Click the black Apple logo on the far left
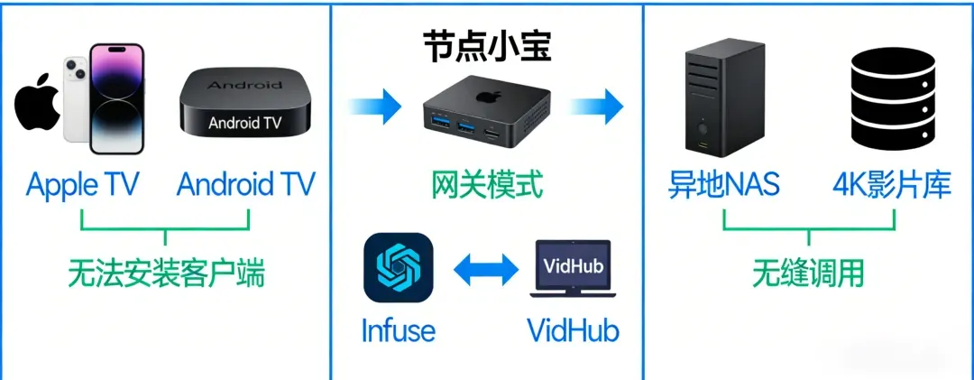pos(37,107)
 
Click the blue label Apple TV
pos(82,185)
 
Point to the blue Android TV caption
pos(246,185)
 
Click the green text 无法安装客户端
pos(167,272)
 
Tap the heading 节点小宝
pos(487,45)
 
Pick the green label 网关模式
pos(487,185)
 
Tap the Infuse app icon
pos(398,267)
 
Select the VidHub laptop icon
pos(574,269)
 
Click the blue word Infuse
pos(398,329)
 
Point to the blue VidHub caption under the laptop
pos(574,329)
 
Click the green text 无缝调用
pos(808,272)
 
